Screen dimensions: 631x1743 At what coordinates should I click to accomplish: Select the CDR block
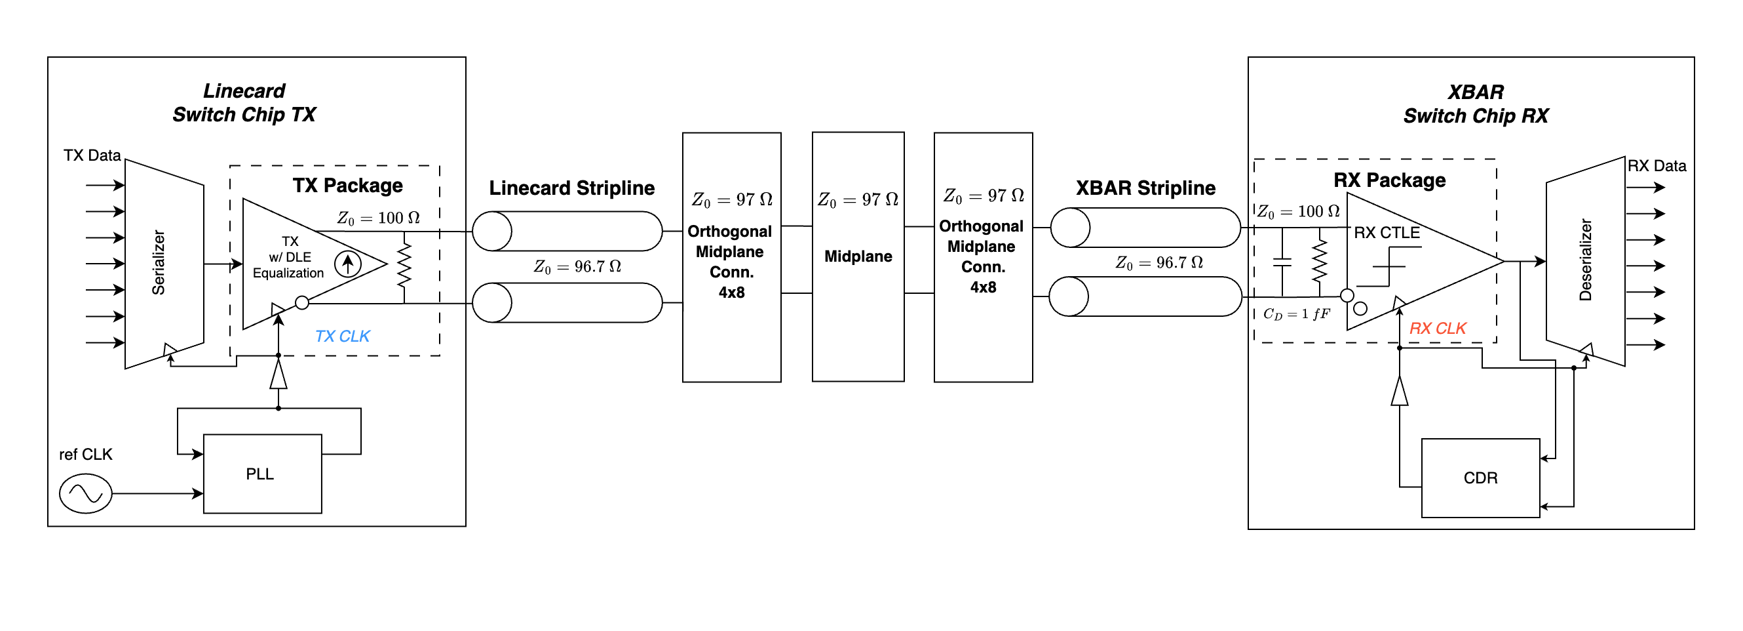[1480, 478]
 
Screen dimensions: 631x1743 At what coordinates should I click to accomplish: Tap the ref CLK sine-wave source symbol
[85, 493]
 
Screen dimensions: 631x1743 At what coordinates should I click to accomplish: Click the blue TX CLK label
[341, 336]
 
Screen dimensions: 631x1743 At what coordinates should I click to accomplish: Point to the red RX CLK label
[1436, 329]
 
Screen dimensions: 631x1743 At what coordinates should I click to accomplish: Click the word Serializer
[159, 262]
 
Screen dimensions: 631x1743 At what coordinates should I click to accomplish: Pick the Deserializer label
[1584, 259]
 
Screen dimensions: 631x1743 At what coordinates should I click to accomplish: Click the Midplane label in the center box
[857, 256]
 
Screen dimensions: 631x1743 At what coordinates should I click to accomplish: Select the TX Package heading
[347, 185]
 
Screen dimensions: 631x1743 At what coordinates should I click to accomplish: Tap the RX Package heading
[1389, 180]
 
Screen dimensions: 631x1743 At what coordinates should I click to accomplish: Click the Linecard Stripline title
[571, 188]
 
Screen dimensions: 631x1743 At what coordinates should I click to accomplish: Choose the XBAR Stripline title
[1145, 188]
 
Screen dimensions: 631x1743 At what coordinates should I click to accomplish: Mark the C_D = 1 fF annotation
[1295, 314]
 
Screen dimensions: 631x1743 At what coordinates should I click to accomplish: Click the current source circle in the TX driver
[348, 264]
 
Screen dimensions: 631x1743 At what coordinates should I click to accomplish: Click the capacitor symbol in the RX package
[1282, 262]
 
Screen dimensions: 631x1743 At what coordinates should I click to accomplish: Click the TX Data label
[92, 155]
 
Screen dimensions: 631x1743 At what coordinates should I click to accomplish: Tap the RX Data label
[1656, 166]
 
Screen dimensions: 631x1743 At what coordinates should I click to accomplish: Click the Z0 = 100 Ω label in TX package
[378, 218]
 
